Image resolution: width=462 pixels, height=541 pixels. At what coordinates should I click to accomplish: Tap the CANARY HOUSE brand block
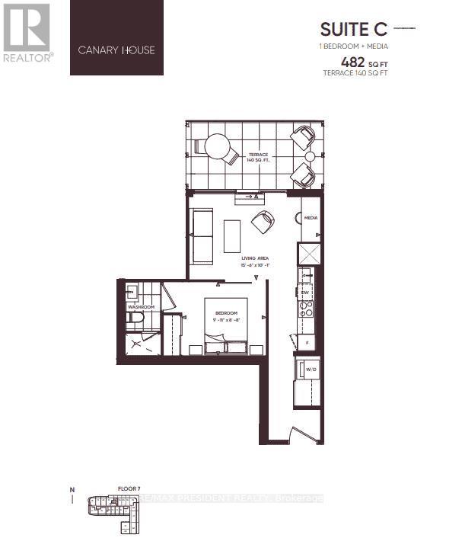click(116, 38)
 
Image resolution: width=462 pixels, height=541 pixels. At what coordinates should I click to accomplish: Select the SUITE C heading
click(352, 30)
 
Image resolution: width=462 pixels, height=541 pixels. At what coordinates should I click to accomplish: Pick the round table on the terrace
click(217, 146)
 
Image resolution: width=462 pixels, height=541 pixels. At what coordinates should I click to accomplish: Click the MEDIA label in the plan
click(311, 218)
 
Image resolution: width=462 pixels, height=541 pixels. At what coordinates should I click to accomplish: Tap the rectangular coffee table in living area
click(232, 236)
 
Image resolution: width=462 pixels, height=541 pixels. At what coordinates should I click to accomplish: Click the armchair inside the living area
click(264, 222)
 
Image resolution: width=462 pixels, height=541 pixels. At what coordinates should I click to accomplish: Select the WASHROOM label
click(141, 307)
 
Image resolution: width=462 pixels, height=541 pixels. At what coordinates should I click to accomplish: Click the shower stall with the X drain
click(139, 344)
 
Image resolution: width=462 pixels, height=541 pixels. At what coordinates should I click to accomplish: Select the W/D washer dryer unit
click(311, 370)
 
